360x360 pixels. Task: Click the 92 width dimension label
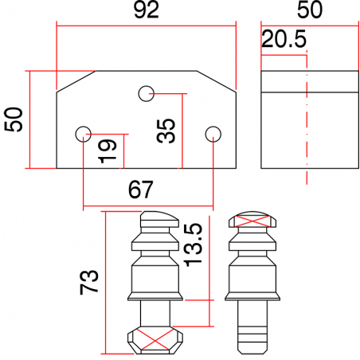point(147,10)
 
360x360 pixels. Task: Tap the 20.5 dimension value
point(283,40)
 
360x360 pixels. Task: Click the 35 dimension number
point(166,130)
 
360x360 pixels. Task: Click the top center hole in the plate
point(146,93)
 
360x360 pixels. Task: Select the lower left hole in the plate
point(83,133)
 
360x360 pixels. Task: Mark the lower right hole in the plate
point(212,133)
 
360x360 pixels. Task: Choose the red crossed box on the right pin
point(252,221)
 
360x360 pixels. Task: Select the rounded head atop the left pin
point(160,217)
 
